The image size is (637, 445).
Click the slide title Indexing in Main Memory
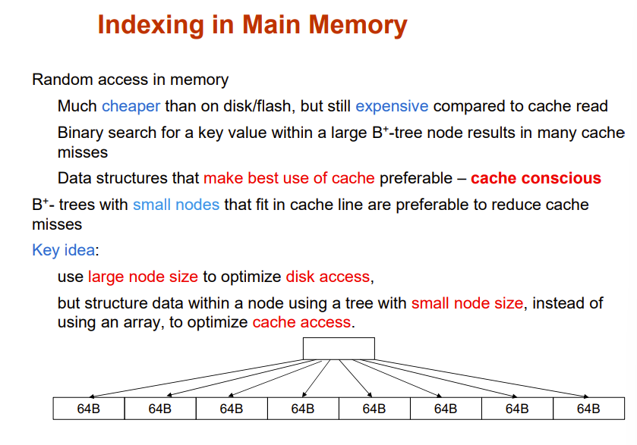[x=252, y=26]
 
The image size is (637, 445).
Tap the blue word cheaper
[x=131, y=106]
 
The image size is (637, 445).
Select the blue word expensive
[x=392, y=106]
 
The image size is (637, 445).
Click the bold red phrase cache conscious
[x=535, y=179]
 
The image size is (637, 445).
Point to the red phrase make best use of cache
[x=289, y=179]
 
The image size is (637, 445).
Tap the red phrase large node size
[x=143, y=277]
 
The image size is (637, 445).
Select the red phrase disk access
[x=329, y=277]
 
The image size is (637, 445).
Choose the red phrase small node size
[x=467, y=303]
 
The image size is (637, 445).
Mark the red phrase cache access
[x=301, y=322]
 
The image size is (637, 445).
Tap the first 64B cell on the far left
[x=89, y=409]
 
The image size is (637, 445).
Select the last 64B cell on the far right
[x=588, y=409]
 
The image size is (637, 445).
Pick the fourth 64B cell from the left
[x=303, y=409]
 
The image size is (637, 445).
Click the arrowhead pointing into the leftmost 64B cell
[x=92, y=396]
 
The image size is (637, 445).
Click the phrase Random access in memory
[x=130, y=80]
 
